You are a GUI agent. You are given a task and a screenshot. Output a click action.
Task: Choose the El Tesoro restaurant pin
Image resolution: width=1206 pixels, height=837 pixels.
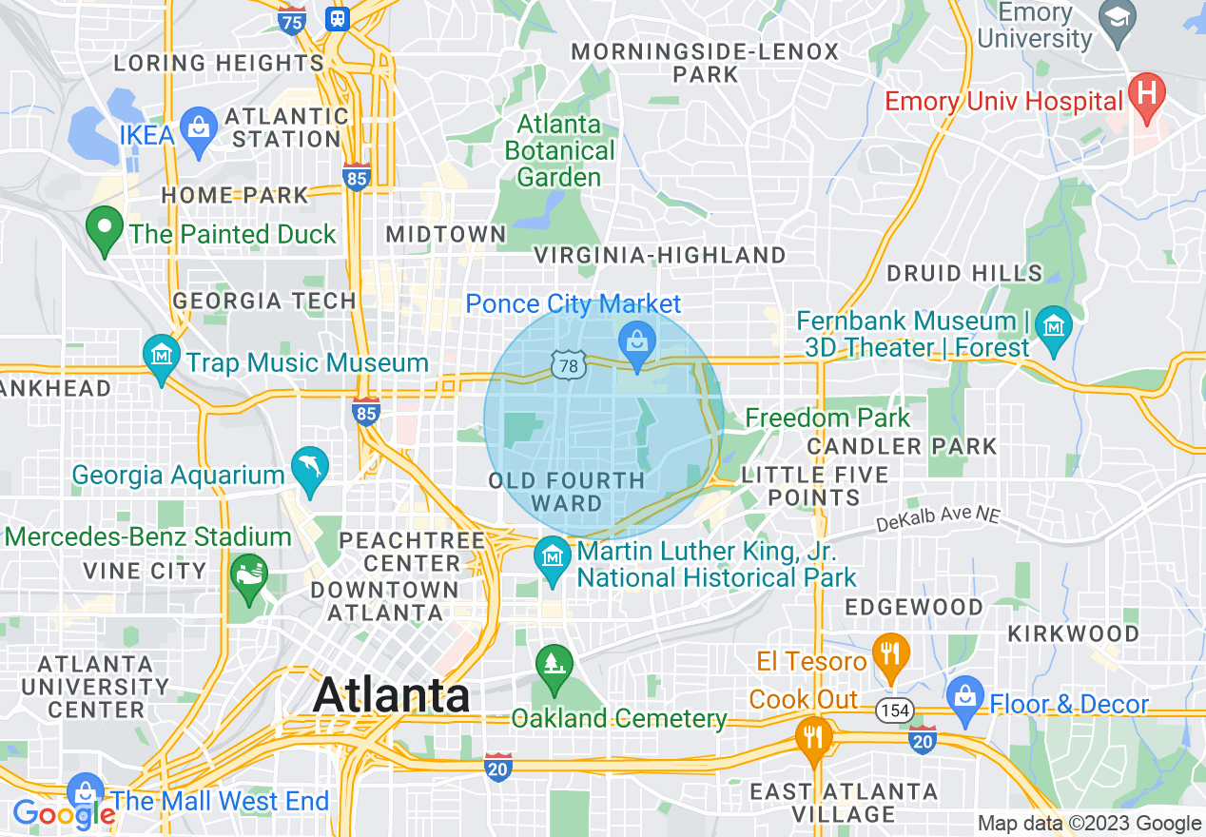[x=890, y=653]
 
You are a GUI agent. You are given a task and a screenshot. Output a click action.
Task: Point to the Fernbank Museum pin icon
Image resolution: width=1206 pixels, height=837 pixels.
[x=1053, y=327]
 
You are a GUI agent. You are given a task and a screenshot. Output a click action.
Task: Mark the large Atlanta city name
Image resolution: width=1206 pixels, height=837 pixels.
[x=391, y=695]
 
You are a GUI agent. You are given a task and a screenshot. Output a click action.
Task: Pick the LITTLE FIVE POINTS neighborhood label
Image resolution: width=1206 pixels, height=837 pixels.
[x=814, y=486]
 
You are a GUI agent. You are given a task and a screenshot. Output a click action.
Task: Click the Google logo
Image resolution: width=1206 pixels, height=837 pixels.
[x=64, y=814]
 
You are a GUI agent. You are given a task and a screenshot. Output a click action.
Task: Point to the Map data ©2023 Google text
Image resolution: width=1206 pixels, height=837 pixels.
[x=1090, y=824]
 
